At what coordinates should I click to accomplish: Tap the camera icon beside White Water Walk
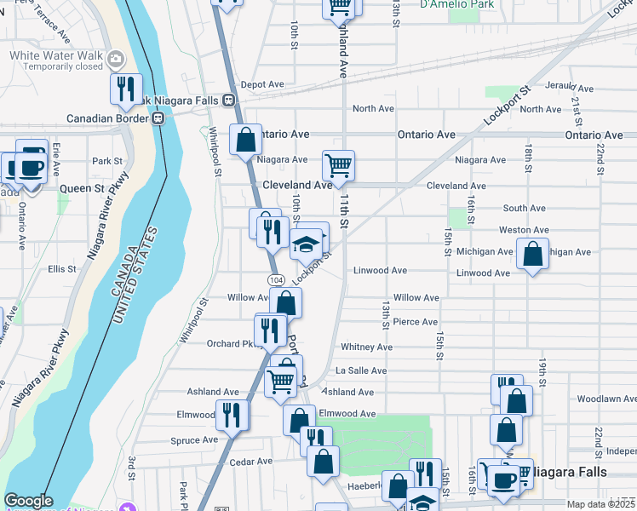click(116, 59)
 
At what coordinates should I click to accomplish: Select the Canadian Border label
click(107, 118)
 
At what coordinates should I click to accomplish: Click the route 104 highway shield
click(275, 279)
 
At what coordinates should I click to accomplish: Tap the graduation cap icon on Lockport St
click(306, 244)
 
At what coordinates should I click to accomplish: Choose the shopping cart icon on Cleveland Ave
click(339, 165)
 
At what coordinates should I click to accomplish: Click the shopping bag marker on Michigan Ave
click(532, 254)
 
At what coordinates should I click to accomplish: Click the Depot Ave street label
click(261, 84)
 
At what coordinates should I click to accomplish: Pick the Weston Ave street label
click(523, 230)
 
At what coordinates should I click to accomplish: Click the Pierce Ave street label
click(416, 322)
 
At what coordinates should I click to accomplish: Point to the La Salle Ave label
click(361, 370)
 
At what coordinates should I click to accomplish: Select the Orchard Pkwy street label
click(230, 344)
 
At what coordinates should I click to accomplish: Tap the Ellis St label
click(62, 268)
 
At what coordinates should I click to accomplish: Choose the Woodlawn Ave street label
click(605, 399)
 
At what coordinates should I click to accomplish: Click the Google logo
click(28, 501)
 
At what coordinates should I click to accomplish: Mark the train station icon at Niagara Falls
click(229, 100)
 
